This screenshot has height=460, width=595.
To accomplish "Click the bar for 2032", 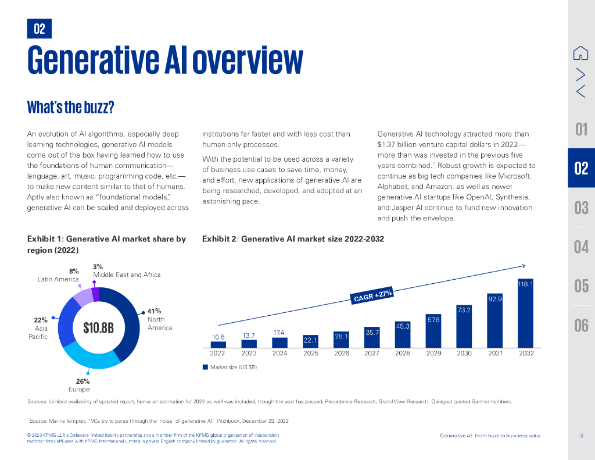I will click(x=525, y=313).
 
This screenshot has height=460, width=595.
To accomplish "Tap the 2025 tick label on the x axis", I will click(x=310, y=353).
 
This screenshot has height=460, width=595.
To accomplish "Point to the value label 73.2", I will click(x=464, y=311).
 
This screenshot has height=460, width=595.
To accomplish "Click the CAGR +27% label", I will click(x=373, y=295).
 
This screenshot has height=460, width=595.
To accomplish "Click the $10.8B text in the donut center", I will click(x=98, y=328).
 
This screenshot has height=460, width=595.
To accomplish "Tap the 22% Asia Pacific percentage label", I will click(x=41, y=320).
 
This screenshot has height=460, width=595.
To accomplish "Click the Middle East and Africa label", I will click(x=127, y=274).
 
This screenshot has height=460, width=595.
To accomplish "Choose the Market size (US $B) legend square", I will click(x=205, y=367).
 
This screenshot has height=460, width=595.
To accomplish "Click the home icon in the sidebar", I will click(x=580, y=53).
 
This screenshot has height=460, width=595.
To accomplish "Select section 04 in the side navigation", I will click(x=581, y=247).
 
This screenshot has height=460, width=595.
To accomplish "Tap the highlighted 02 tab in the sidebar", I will click(x=581, y=169).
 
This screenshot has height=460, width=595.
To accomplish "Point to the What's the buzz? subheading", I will click(x=70, y=108).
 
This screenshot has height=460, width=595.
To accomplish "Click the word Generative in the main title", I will click(x=92, y=60).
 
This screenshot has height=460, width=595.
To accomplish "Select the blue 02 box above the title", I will click(x=40, y=28).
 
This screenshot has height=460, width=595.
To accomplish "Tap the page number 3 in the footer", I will click(x=581, y=436).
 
